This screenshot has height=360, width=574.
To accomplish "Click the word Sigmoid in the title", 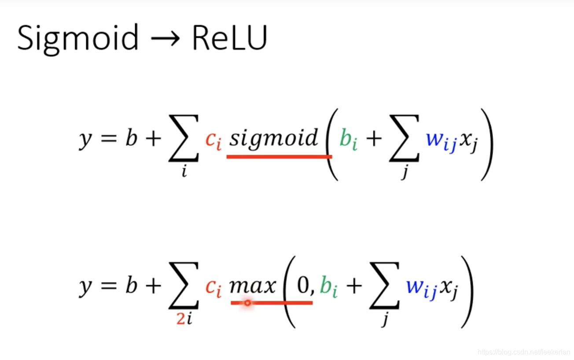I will [x=77, y=38].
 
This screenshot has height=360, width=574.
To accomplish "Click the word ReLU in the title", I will [x=229, y=38].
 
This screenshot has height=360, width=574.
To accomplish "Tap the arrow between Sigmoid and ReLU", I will [x=165, y=39].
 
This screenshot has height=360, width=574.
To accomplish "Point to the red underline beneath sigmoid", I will [x=279, y=156].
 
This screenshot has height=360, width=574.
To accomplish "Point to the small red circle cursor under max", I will [x=247, y=303].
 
